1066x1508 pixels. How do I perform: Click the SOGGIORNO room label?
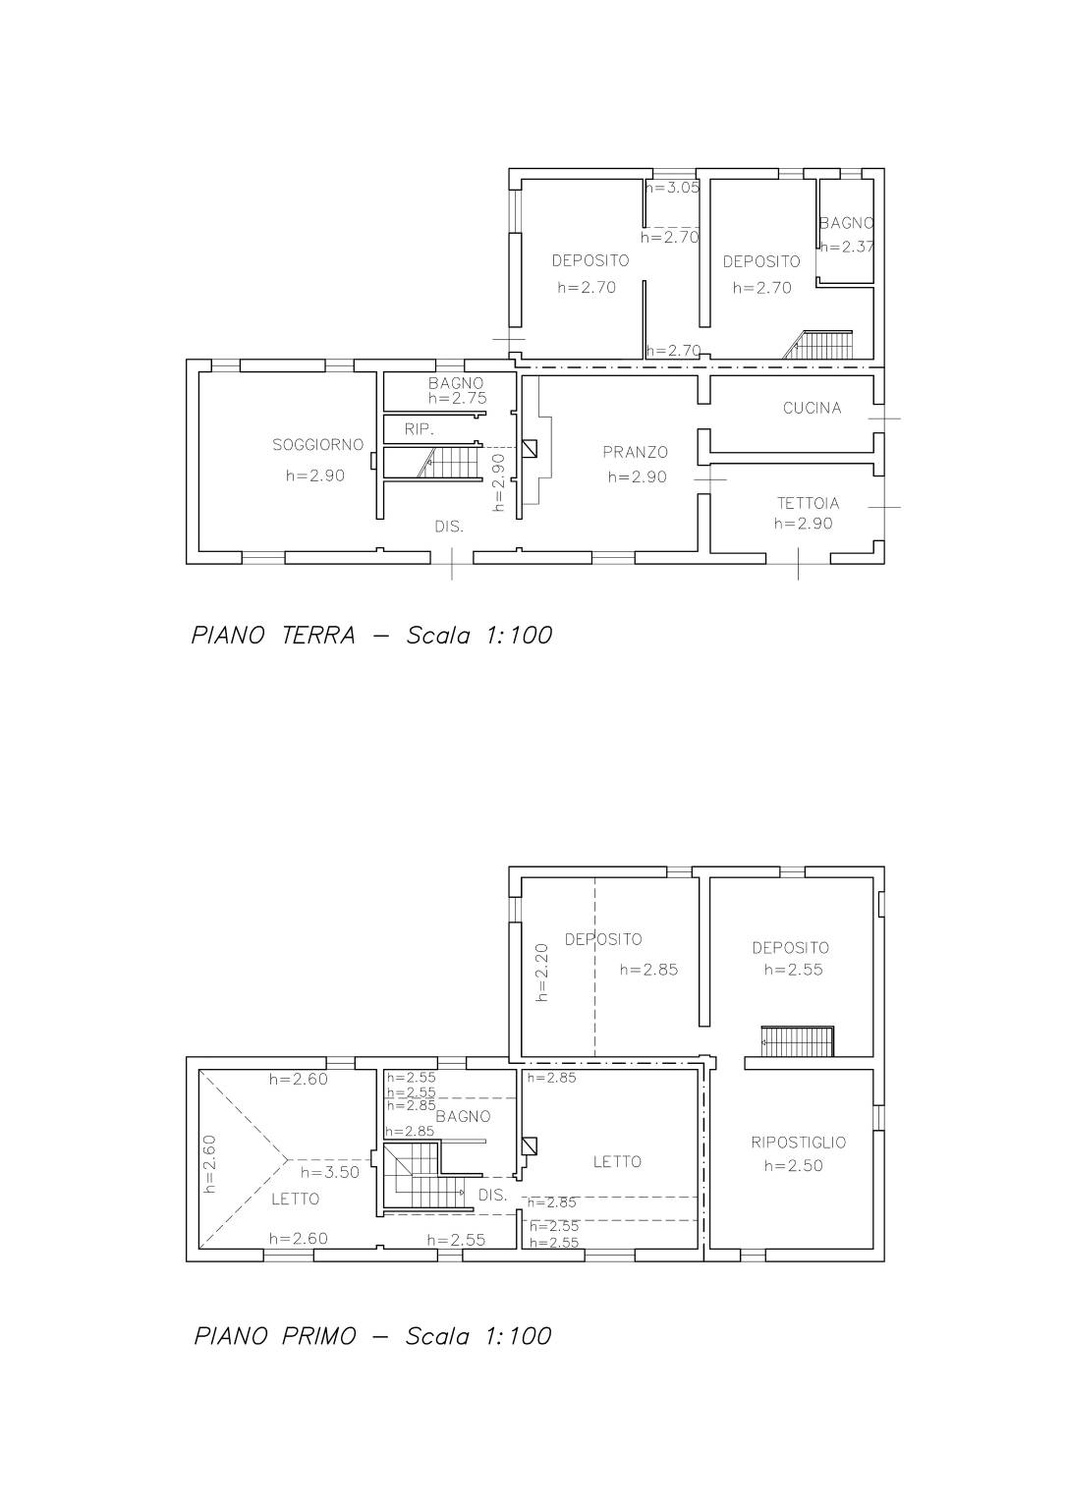point(318,445)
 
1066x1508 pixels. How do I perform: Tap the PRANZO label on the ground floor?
point(635,452)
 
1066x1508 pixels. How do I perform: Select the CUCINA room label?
point(813,408)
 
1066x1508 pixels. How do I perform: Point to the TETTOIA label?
point(808,503)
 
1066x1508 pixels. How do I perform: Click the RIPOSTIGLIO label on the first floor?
point(798,1143)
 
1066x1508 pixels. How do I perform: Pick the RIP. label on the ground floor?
point(419,429)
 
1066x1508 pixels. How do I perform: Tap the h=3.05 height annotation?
point(673,188)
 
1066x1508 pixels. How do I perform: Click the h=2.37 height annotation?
point(847,247)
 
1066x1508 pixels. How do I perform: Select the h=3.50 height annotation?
point(330,1172)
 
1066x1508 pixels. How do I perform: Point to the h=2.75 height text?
point(457,398)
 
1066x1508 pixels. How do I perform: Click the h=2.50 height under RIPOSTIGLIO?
point(793,1166)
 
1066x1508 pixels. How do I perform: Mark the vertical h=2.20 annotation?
point(542,973)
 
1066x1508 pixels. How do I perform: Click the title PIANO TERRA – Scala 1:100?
point(371,636)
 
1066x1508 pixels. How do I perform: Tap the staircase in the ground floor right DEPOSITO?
point(817,345)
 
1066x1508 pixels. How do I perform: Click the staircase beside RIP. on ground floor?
point(448,463)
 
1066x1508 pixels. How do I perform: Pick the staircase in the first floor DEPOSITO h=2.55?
point(798,1041)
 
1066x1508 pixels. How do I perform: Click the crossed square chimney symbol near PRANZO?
point(530,449)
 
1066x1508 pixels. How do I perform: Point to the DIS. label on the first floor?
point(492,1196)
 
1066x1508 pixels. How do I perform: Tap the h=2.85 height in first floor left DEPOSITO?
point(648,970)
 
